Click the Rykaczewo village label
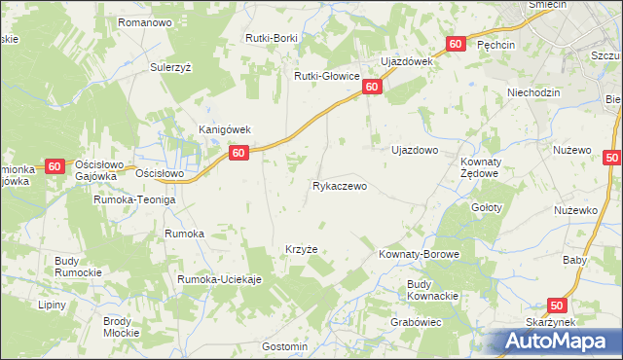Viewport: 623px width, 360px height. pyautogui.click(x=339, y=186)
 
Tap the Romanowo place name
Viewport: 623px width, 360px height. pyautogui.click(x=144, y=21)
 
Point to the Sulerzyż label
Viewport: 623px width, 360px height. pyautogui.click(x=174, y=68)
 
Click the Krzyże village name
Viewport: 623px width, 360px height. pyautogui.click(x=301, y=249)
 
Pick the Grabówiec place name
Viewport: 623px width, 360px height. pyautogui.click(x=418, y=322)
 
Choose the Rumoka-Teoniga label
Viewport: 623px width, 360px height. pyautogui.click(x=133, y=199)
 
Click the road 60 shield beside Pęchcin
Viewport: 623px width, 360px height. pyautogui.click(x=456, y=45)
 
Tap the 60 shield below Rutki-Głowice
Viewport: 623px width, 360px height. pyautogui.click(x=372, y=88)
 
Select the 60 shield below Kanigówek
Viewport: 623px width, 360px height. pyautogui.click(x=238, y=153)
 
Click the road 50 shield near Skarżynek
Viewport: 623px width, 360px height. pyautogui.click(x=558, y=305)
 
